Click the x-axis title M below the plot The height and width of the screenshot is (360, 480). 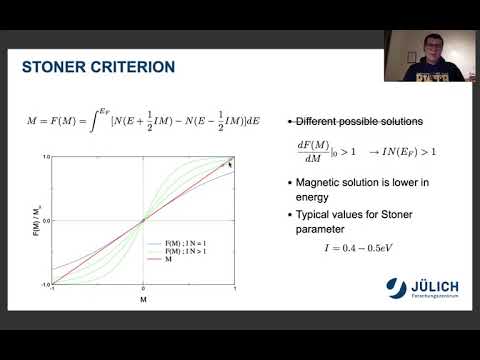tap(144, 299)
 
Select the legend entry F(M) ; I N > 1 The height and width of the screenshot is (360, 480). tap(182, 250)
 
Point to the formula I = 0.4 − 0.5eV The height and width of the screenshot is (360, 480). tap(356, 243)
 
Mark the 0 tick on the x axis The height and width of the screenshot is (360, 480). tap(144, 288)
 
